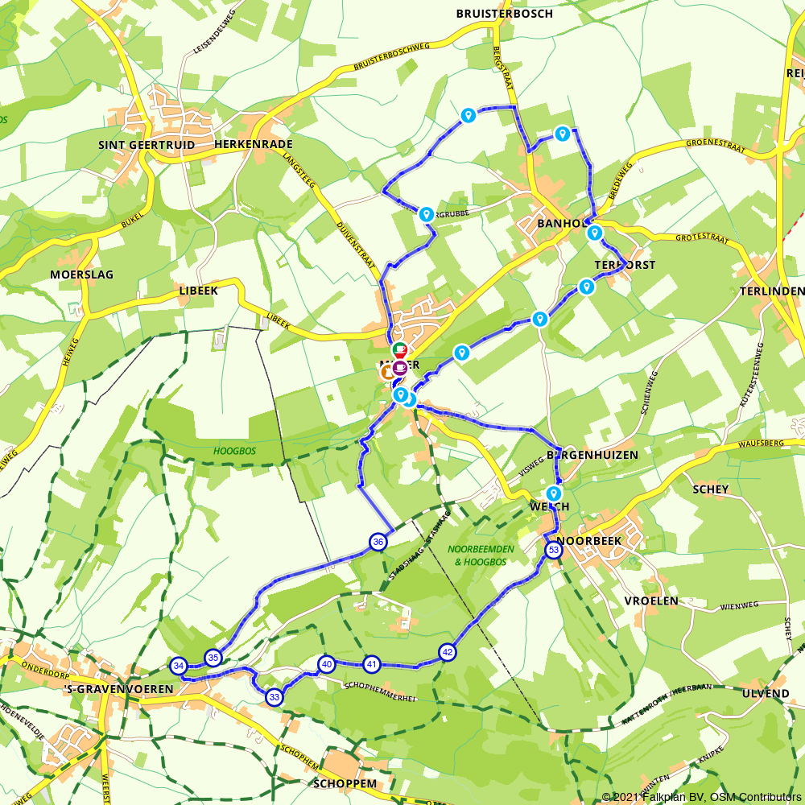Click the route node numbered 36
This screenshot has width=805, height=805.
click(x=378, y=543)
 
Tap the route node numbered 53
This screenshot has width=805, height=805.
click(x=553, y=551)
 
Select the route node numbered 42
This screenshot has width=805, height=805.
click(x=448, y=652)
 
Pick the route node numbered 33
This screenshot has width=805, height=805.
click(x=275, y=697)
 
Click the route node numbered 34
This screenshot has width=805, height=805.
click(x=179, y=666)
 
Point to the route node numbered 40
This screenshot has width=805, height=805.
click(x=326, y=664)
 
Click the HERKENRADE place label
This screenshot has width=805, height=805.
click(x=254, y=145)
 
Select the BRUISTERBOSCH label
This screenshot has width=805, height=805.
click(x=504, y=14)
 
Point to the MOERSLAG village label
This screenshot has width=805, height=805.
click(x=81, y=275)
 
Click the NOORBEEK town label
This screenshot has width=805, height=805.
click(x=589, y=541)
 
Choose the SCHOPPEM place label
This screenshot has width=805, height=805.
click(x=343, y=783)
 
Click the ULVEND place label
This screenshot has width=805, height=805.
click(x=766, y=694)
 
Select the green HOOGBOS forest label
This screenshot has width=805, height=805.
click(x=235, y=452)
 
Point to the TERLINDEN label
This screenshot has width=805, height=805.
click(x=770, y=291)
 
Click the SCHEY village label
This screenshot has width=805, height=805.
click(x=710, y=489)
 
